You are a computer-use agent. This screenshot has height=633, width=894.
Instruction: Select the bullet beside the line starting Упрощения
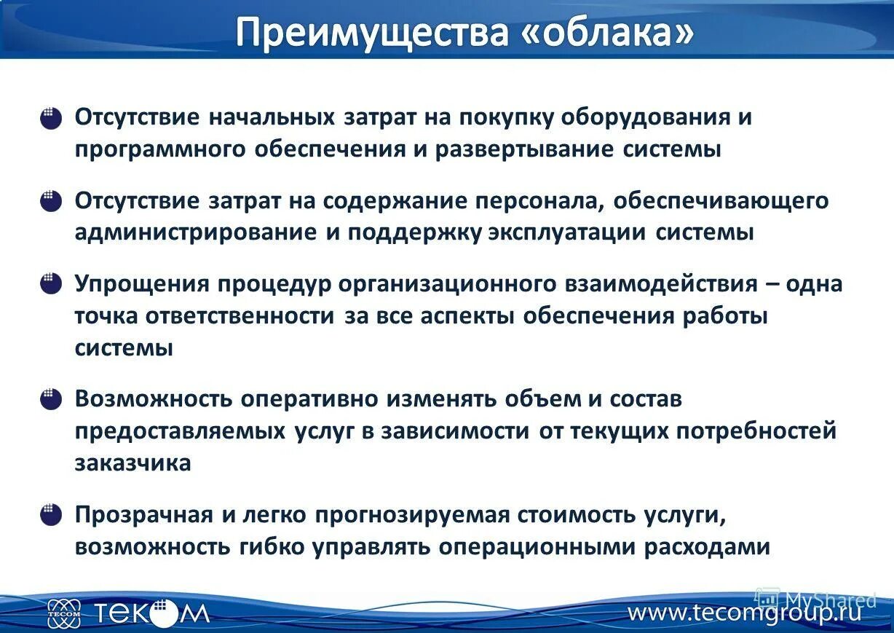tap(50, 283)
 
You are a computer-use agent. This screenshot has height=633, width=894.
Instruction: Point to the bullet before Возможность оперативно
tap(50, 399)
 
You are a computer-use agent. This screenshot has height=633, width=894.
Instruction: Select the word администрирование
tap(195, 233)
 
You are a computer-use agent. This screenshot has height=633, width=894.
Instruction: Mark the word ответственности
tap(240, 316)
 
